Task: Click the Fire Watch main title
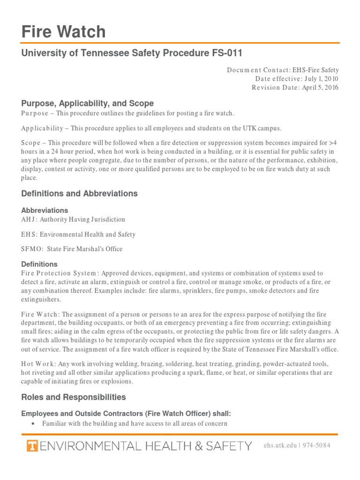click(64, 32)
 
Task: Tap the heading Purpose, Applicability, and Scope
click(88, 103)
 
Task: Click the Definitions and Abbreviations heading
click(80, 193)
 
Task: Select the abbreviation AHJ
click(29, 219)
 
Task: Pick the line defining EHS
click(78, 234)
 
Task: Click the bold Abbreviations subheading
click(45, 210)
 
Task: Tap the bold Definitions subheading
click(39, 264)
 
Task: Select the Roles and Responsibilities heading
click(74, 397)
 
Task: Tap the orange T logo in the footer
click(32, 445)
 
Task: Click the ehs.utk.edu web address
click(280, 445)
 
